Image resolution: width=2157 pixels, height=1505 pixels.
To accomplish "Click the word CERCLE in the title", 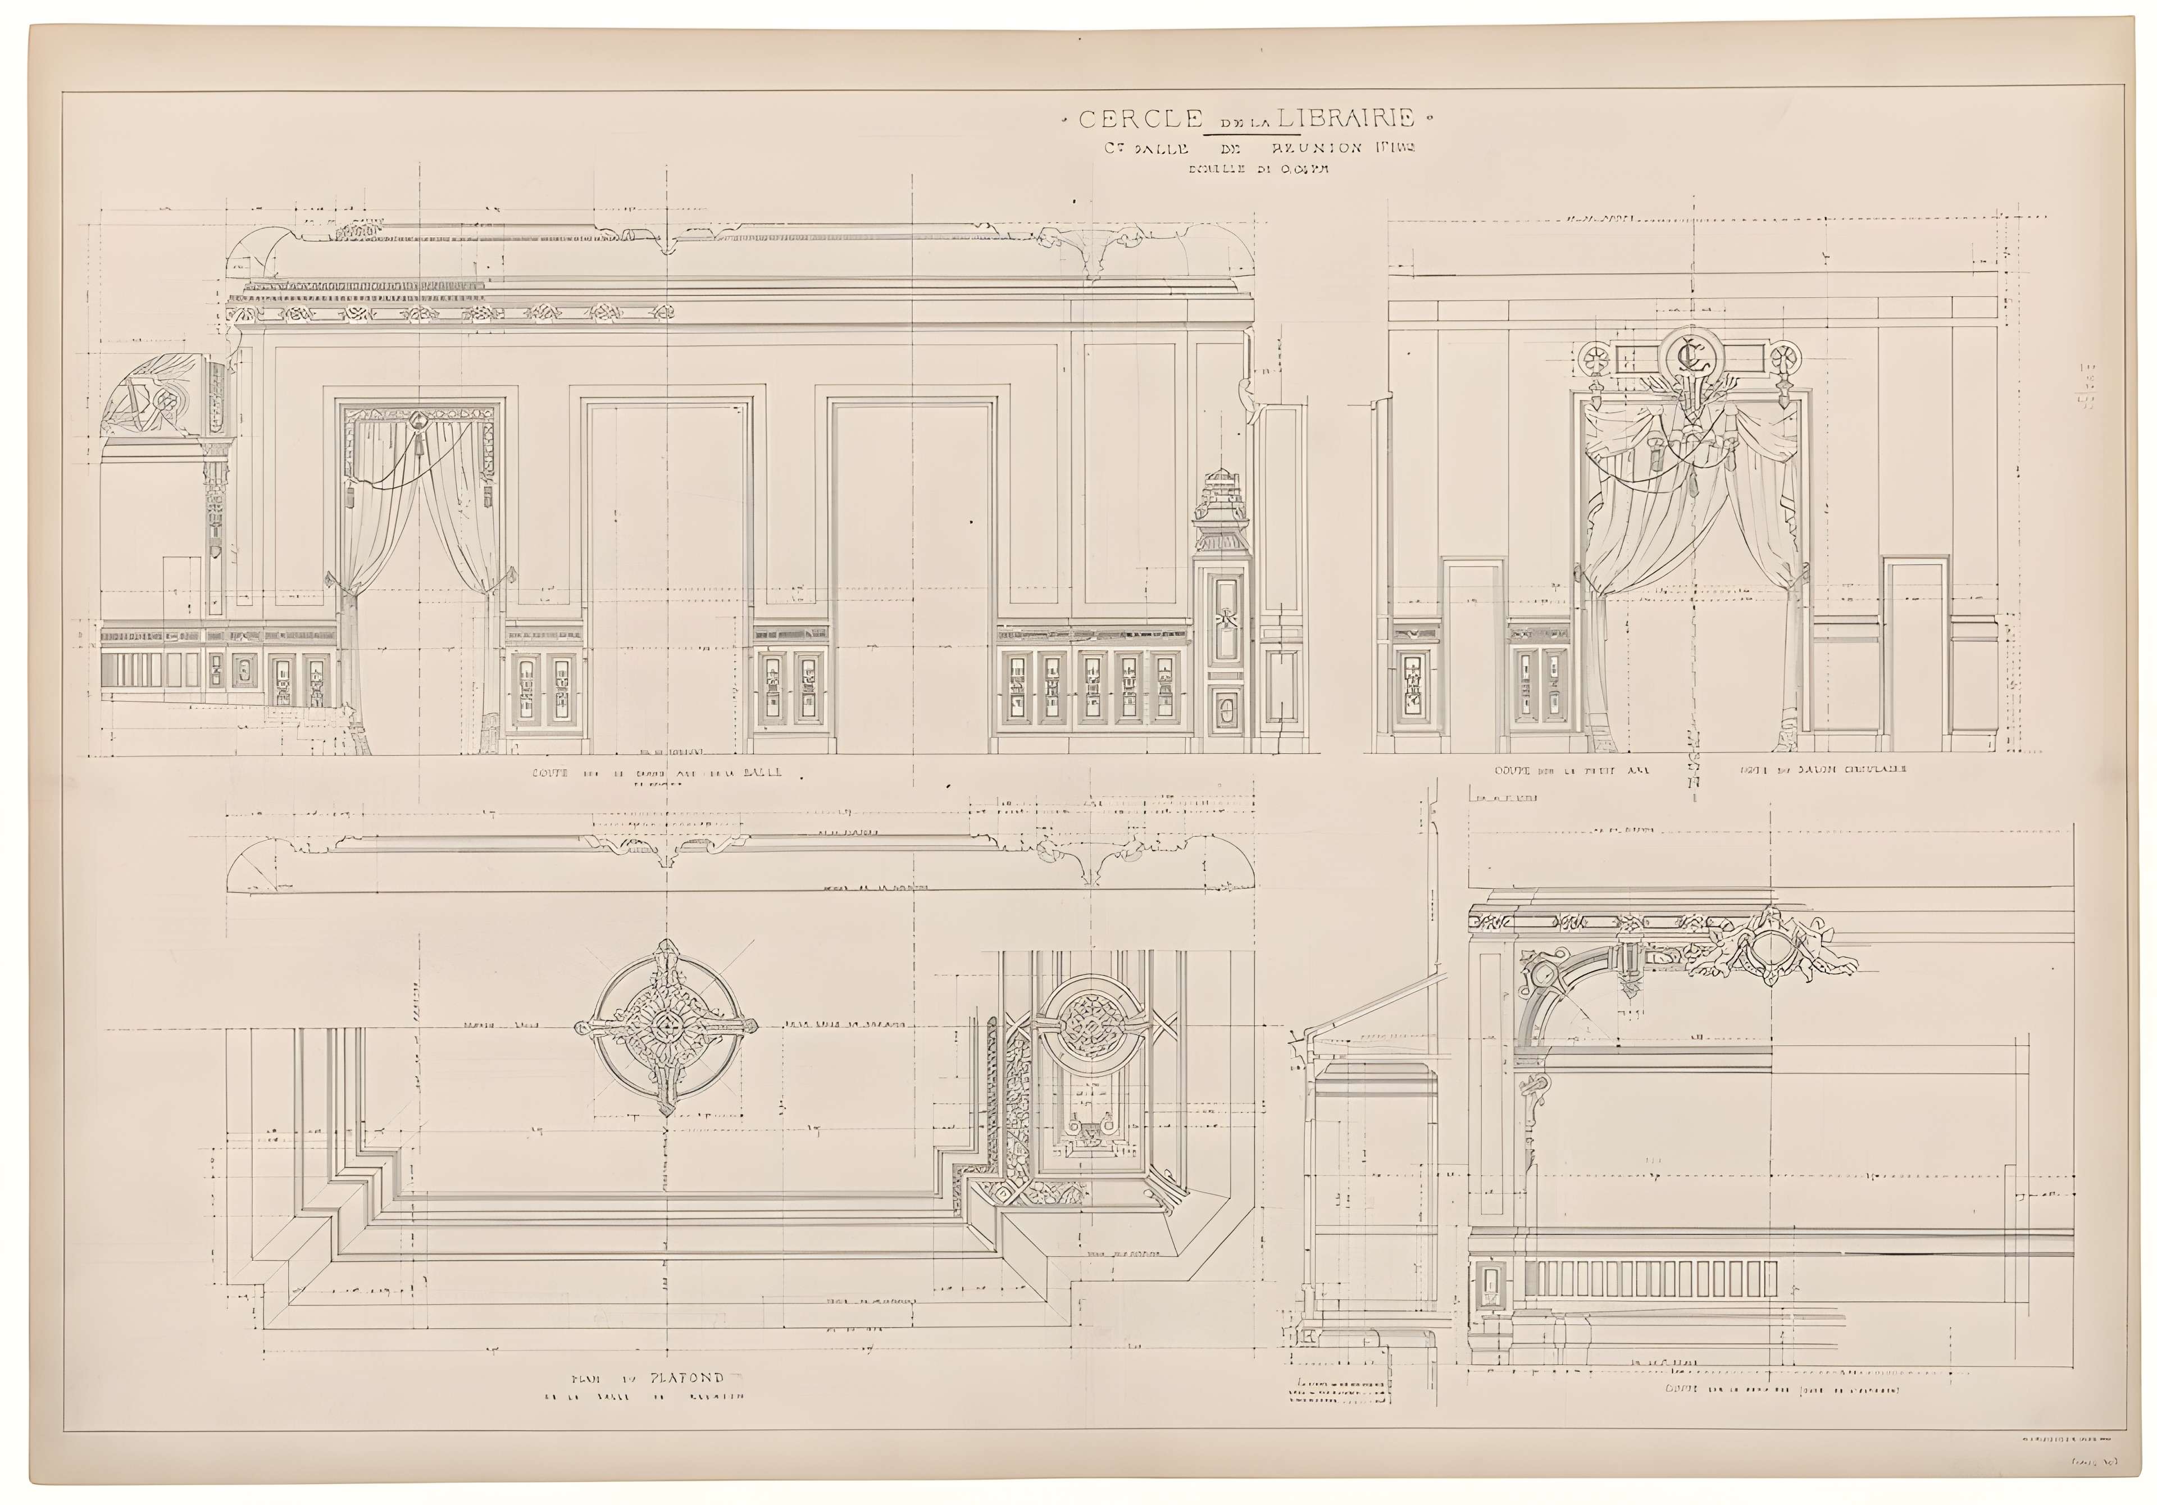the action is click(x=1140, y=119).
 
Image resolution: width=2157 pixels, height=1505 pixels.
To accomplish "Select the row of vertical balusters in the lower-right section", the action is click(x=1651, y=1280).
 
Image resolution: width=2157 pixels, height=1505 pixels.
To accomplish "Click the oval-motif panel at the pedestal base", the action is click(x=1226, y=709).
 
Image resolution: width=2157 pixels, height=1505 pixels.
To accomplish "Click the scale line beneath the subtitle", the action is click(x=1246, y=170).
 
